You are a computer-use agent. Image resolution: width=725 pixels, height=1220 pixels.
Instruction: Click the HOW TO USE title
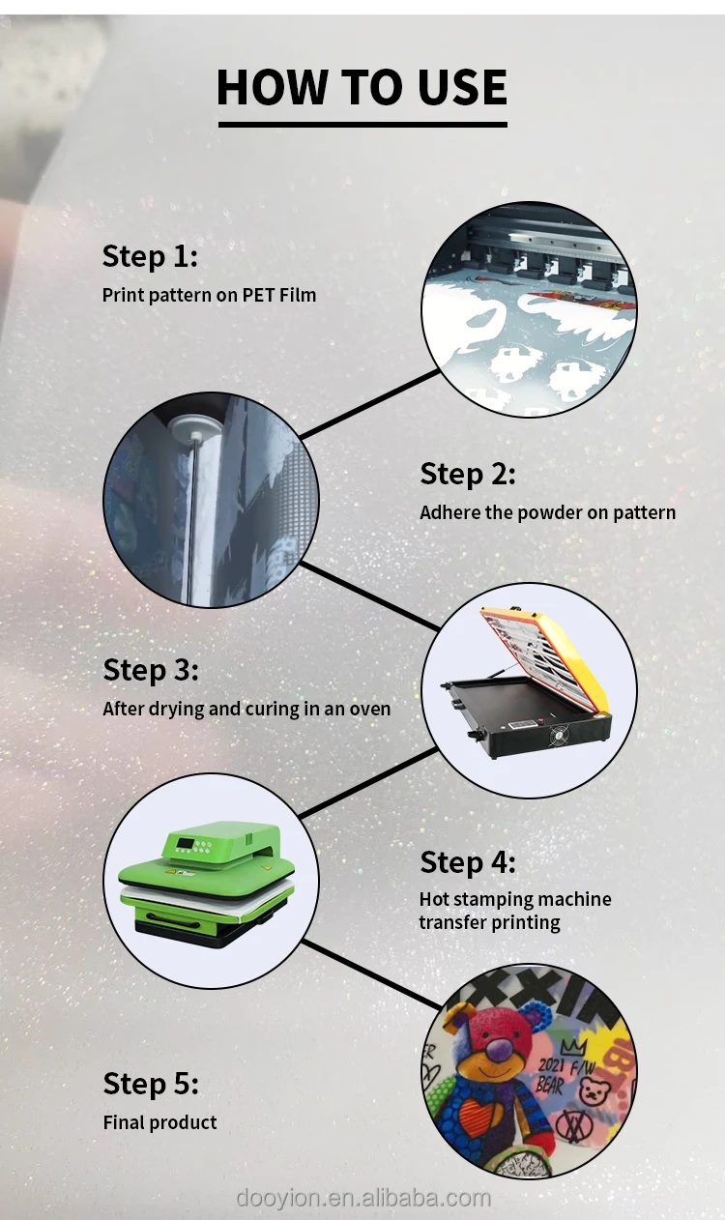[x=362, y=87]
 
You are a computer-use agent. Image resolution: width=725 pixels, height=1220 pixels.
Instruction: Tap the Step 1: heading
[x=150, y=256]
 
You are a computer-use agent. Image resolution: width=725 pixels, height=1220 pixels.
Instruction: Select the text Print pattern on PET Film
[x=209, y=295]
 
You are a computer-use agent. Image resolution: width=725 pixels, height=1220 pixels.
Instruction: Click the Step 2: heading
[x=467, y=474]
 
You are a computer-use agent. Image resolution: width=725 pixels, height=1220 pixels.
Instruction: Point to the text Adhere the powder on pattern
[x=547, y=512]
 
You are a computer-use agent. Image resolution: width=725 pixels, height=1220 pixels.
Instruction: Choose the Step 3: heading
[x=151, y=670]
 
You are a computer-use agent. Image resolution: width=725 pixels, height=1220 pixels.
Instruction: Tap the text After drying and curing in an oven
[x=246, y=710]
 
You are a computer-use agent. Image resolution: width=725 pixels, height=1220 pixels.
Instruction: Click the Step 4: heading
[x=467, y=862]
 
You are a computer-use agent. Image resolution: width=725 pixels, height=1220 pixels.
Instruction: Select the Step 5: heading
[x=151, y=1084]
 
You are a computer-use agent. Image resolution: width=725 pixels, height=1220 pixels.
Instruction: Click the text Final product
[x=160, y=1122]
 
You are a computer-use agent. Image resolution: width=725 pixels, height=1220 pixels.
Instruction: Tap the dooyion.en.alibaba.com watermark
[x=363, y=1198]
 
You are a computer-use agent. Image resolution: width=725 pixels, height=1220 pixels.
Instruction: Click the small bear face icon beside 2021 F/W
[x=594, y=1090]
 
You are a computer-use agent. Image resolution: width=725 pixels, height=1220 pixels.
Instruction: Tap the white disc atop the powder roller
[x=192, y=425]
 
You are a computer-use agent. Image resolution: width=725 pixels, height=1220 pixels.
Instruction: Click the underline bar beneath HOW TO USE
[x=362, y=125]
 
